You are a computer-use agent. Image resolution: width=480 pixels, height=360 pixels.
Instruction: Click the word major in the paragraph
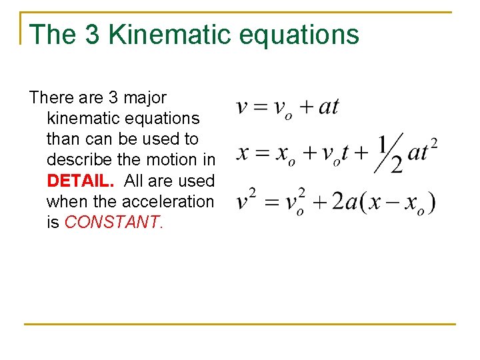(x=145, y=97)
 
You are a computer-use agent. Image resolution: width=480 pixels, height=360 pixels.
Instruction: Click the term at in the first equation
(x=329, y=107)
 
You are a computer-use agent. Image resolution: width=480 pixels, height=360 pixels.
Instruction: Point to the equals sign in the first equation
(x=259, y=107)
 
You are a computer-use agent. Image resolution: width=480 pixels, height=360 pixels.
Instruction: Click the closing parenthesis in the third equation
(x=432, y=202)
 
